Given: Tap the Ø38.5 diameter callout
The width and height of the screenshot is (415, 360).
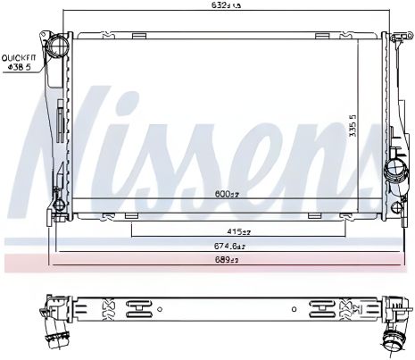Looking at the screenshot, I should click(19, 66).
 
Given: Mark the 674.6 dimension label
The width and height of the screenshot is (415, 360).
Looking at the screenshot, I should click(228, 246).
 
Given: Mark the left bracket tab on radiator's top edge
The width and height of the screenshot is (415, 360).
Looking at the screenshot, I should click(138, 36).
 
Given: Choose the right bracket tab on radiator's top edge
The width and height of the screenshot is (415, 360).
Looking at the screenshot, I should click(320, 36).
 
